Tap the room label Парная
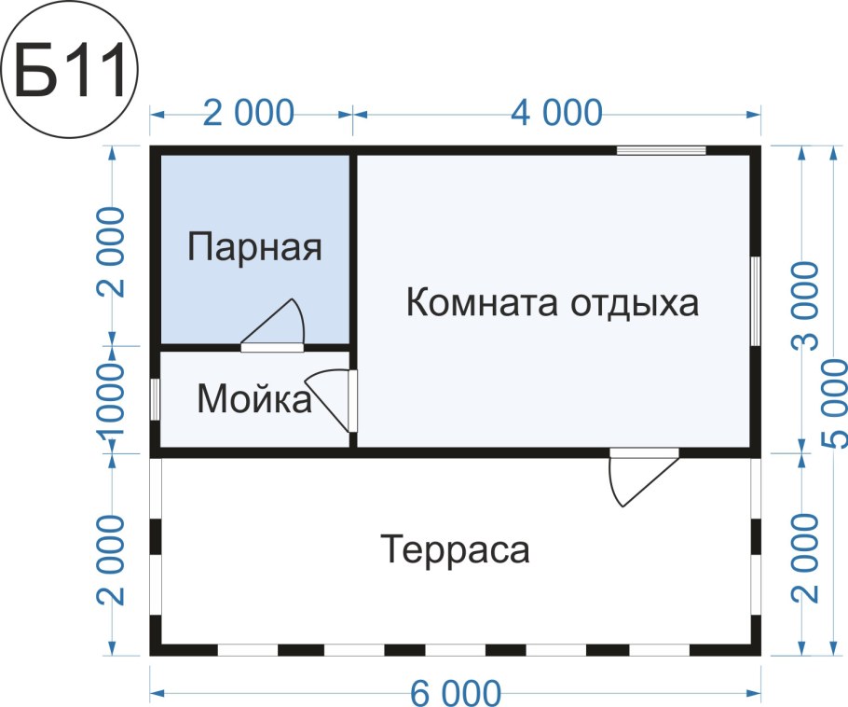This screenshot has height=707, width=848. pos(254,248)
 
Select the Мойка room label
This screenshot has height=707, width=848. pos(253,400)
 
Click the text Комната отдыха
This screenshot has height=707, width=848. pos(553,303)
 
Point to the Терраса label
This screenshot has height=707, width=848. pos(455,549)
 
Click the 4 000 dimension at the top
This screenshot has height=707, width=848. pos(556,113)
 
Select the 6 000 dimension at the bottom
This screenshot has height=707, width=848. pos(455,694)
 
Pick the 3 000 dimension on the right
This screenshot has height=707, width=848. pos(804,305)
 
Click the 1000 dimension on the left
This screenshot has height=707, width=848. pos(112,401)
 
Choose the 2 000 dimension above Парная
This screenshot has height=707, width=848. pos(250,113)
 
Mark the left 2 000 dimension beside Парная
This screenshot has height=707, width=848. pos(112,250)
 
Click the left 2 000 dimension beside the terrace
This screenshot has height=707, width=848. pos(112,558)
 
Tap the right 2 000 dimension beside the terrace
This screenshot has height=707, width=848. pos(804,558)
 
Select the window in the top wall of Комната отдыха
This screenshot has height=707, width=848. pos(661,149)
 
